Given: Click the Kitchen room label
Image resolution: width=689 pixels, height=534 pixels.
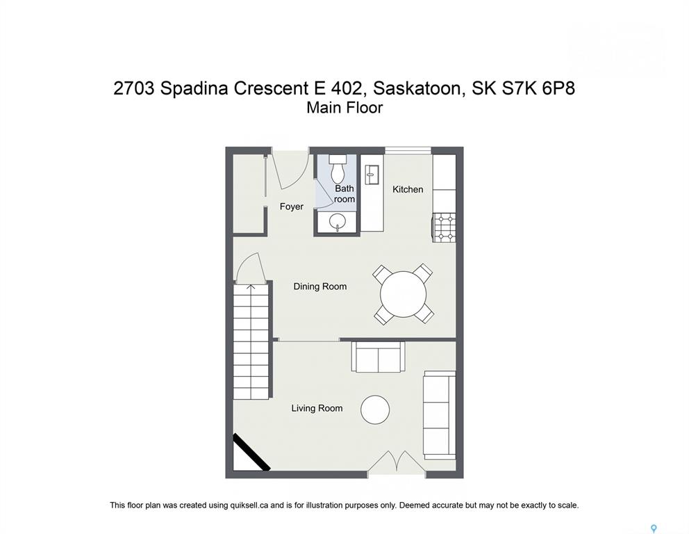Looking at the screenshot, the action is [x=408, y=189].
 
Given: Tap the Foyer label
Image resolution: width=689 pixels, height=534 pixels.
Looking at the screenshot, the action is [x=291, y=207].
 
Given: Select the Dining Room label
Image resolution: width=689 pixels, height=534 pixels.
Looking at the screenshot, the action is [x=320, y=286].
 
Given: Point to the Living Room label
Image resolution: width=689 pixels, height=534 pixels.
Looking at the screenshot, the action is [x=317, y=408].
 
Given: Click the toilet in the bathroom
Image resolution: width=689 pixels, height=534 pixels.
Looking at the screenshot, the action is [x=338, y=169].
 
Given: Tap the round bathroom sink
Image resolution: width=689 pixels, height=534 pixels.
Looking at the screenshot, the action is [x=338, y=221].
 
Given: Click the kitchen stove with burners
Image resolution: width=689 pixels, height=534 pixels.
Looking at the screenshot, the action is [x=444, y=227].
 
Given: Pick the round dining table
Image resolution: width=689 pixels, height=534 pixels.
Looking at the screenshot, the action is [x=403, y=294].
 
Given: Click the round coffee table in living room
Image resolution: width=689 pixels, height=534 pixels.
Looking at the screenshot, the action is [x=375, y=410].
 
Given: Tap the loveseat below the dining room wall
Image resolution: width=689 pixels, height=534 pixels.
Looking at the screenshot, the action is [x=378, y=357].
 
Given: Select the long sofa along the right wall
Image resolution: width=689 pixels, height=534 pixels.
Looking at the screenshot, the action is [x=439, y=415].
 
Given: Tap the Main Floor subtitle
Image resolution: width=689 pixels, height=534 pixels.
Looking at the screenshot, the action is [x=344, y=108].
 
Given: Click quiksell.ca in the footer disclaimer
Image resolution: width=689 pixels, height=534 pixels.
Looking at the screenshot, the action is [x=249, y=505].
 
